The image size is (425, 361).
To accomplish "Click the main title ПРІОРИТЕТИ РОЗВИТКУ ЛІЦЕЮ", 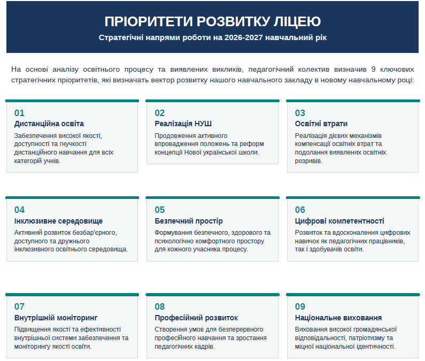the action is pos(213,21).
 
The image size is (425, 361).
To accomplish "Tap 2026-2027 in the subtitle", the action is pos(243,37).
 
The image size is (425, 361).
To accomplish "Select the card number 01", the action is pos(19,113).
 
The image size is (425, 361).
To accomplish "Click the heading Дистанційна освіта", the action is pos(49,124).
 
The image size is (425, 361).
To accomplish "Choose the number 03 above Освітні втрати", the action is pos(300,113).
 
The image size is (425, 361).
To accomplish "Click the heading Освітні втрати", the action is pos(321,124).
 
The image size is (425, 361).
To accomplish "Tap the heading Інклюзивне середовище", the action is pos(59,221).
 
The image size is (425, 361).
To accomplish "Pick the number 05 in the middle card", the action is pos(160,210).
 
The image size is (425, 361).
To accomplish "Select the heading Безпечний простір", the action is pos(189,221).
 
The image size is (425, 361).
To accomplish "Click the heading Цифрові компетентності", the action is pos(339,221).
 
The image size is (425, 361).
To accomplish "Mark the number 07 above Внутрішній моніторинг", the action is pos(19,306).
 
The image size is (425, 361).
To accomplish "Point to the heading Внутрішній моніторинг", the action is pos(56,318).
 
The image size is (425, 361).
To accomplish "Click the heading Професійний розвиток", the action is pos(196,318).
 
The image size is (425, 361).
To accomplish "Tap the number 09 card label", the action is pos(300,306).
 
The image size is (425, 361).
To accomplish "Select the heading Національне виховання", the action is pos(338,318).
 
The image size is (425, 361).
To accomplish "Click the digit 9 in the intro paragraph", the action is pos(373,70).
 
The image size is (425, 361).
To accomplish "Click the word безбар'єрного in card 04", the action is pos(95,233).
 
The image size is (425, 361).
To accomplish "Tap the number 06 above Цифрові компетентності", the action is pos(300,210).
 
